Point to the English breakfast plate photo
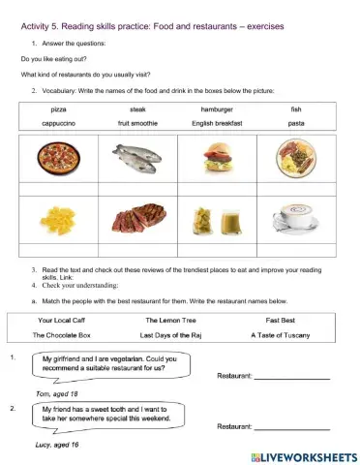click(295, 157)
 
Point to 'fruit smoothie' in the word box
click(136, 124)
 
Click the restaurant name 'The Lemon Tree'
click(170, 318)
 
